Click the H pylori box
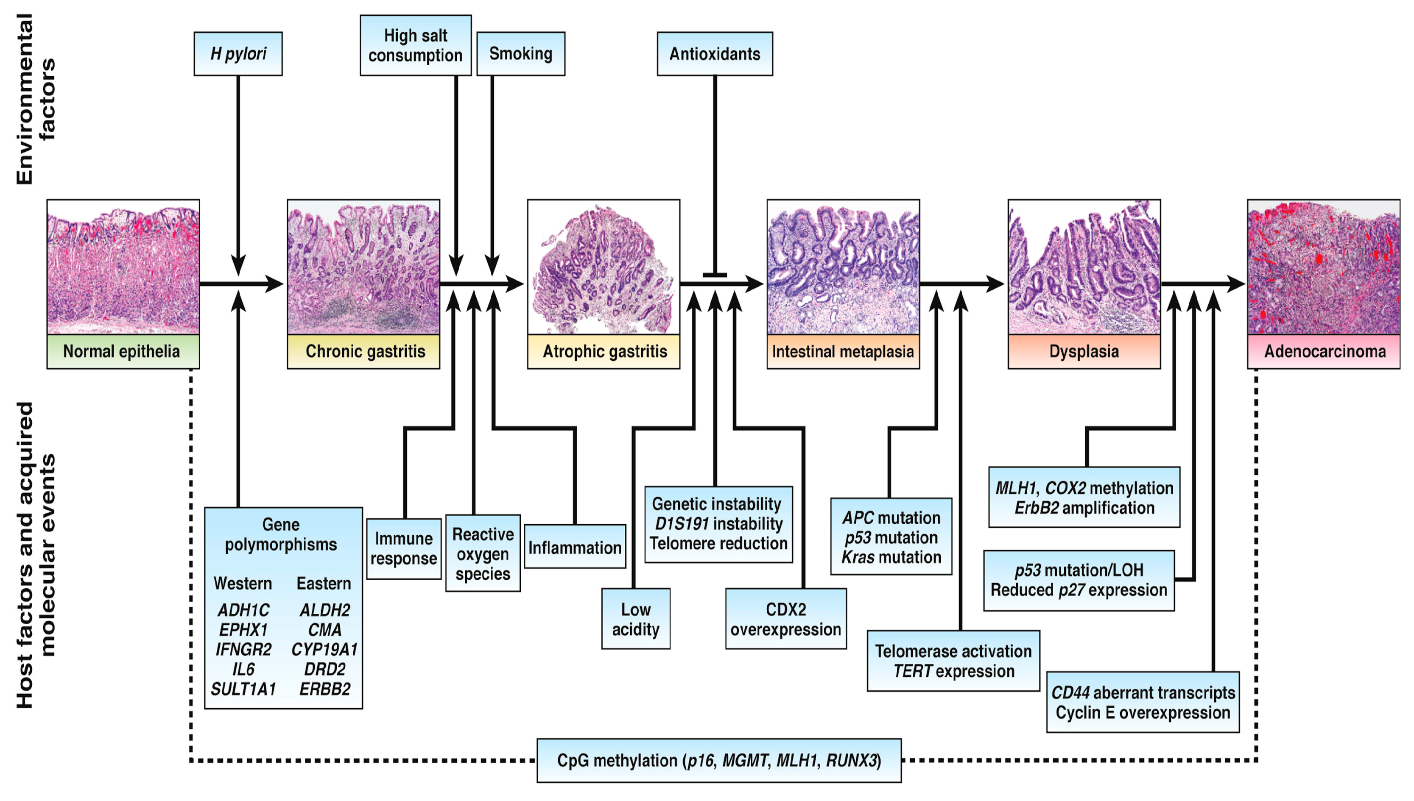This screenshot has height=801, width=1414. coord(238,53)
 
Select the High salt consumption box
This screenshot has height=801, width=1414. coord(416,45)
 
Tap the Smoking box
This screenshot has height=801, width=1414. coord(521,53)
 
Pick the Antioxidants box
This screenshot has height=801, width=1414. coord(715,53)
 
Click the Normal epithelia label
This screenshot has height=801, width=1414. coord(123,351)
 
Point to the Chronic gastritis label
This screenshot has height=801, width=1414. coord(363,351)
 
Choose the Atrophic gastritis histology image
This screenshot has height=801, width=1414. coord(603,267)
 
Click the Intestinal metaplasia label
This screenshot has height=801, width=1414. coord(843,351)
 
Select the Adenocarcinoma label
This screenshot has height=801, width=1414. coord(1324,351)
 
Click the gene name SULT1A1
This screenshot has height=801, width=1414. coord(243,689)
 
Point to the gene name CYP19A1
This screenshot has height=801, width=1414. coord(325,650)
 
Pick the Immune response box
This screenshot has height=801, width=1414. coord(404,548)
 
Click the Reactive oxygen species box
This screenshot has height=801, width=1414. coord(483,553)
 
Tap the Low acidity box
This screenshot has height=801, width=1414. coord(636,619)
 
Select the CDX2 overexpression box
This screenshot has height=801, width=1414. coord(786,619)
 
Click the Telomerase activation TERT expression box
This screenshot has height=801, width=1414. coord(953,661)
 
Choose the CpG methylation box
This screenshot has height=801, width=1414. coord(719,761)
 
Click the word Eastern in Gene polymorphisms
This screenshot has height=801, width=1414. coord(324,583)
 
